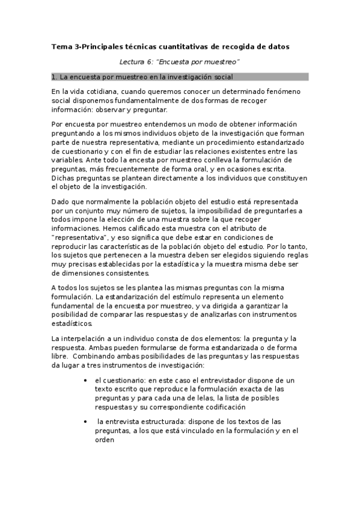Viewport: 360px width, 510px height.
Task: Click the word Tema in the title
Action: coord(61,46)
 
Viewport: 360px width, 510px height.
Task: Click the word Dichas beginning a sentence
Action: coord(64,178)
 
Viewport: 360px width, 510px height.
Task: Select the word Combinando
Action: coord(90,356)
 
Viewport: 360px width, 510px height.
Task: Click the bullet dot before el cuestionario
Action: coord(89,381)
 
